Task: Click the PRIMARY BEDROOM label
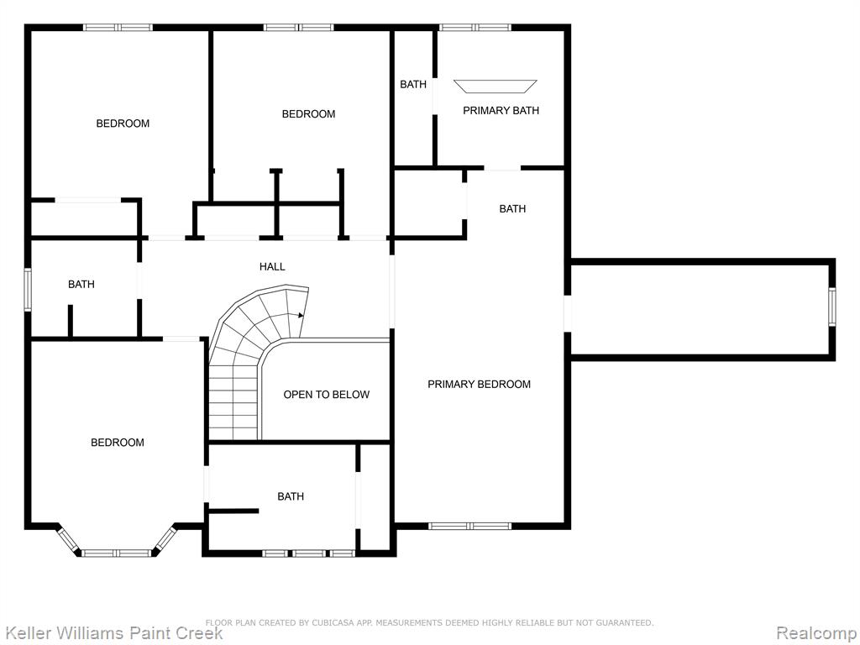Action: point(479,385)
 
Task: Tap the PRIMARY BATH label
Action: point(501,111)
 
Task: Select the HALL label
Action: point(272,267)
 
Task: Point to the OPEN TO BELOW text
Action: point(327,395)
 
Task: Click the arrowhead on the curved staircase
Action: point(301,316)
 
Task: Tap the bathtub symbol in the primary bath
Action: point(496,87)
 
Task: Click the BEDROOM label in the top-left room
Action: point(123,123)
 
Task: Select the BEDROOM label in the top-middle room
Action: point(308,114)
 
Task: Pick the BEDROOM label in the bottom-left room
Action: point(118,443)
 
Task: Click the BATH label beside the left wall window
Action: point(81,285)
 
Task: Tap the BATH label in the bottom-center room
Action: point(291,497)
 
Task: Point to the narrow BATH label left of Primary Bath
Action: point(413,85)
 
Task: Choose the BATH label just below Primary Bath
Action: point(512,209)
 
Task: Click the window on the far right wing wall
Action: point(832,307)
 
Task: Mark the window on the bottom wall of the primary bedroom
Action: point(470,526)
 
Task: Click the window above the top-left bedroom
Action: point(118,28)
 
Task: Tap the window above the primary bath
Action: point(475,28)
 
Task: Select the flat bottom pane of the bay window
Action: point(116,553)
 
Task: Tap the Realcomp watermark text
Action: point(817,633)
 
